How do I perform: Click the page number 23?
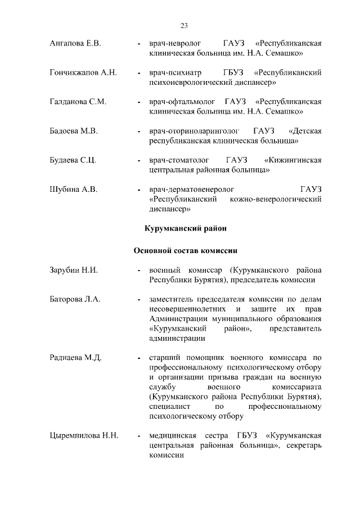click(183, 25)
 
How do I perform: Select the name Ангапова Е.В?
click(75, 43)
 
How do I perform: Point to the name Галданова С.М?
click(78, 102)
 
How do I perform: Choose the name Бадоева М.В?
click(74, 131)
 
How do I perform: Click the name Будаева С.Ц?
click(73, 160)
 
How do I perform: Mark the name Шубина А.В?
click(73, 190)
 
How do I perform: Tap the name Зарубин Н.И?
click(74, 271)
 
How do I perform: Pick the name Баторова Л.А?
click(75, 300)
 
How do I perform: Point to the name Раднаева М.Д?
click(75, 358)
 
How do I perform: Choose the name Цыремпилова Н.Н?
click(83, 435)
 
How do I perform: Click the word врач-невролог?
click(174, 43)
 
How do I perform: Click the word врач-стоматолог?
click(179, 160)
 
